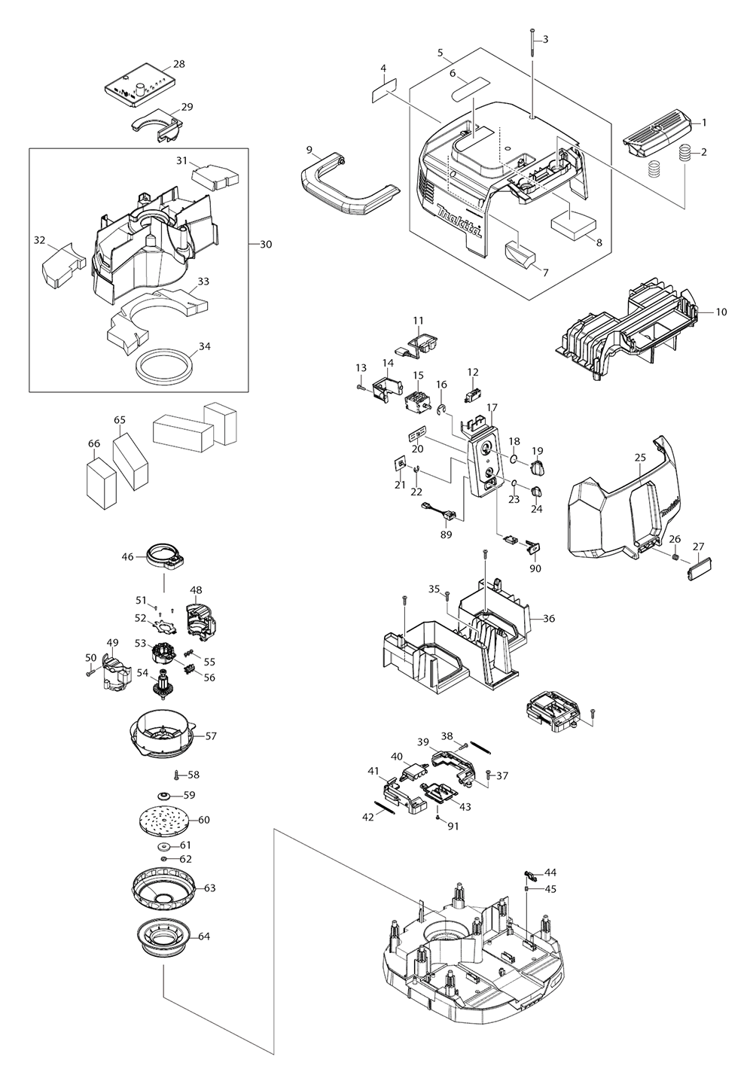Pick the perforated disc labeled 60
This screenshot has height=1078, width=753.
[163, 820]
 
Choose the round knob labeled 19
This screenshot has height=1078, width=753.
[537, 470]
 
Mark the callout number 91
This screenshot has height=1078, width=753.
[452, 826]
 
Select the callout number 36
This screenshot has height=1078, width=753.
[549, 619]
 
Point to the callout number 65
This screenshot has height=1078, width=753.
[119, 420]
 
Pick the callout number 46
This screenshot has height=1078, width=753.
[128, 557]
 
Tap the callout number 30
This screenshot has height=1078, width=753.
[266, 244]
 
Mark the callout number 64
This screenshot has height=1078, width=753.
[204, 937]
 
